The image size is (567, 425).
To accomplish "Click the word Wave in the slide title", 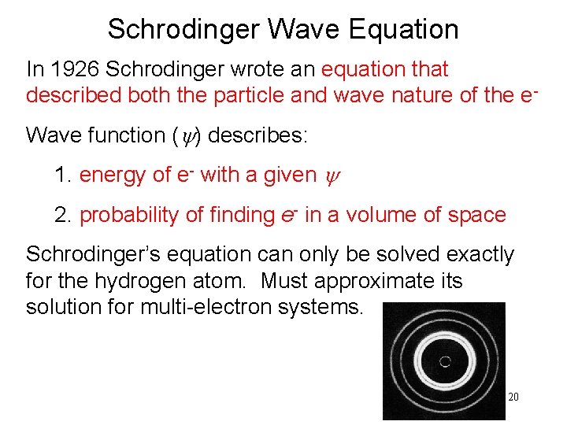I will pyautogui.click(x=303, y=29).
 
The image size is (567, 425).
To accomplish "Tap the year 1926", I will pyautogui.click(x=76, y=69).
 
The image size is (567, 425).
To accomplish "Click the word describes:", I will pyautogui.click(x=259, y=135).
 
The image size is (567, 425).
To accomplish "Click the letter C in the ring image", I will pyautogui.click(x=444, y=361).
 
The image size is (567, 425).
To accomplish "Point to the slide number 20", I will pyautogui.click(x=513, y=397).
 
